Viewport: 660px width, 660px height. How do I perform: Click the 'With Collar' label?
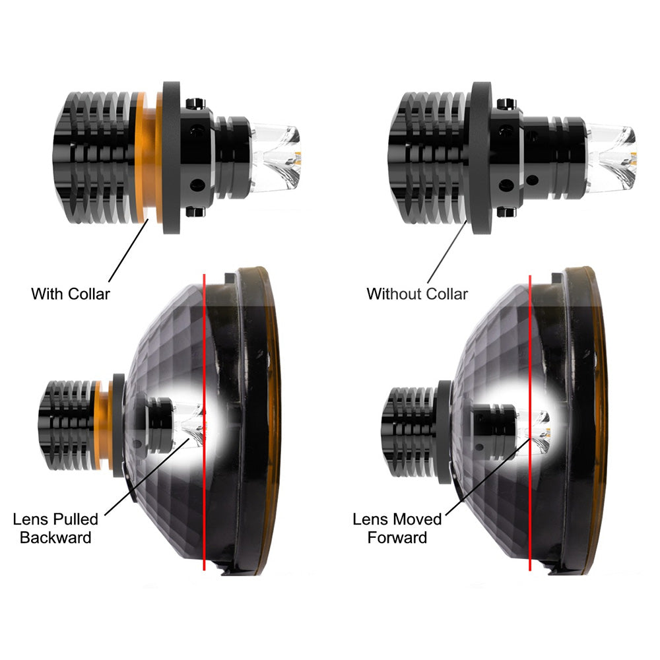[x=71, y=294]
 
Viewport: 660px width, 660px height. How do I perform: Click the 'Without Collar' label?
[x=417, y=294]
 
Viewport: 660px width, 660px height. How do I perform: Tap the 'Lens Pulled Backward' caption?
[x=55, y=528]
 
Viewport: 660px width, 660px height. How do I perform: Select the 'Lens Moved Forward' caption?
[x=397, y=528]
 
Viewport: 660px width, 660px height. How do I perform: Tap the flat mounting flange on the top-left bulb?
[x=172, y=158]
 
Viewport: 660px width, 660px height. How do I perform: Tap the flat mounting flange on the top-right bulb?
[x=481, y=158]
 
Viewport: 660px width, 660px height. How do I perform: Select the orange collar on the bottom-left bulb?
[x=103, y=425]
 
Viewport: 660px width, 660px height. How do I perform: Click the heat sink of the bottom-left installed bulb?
[x=67, y=425]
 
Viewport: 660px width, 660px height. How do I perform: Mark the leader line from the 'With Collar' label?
[x=129, y=250]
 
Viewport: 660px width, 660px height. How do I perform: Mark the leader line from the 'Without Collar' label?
[x=447, y=251]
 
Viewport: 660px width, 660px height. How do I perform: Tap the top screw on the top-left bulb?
[x=195, y=103]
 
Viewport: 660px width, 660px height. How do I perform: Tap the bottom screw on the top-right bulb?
[x=506, y=212]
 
